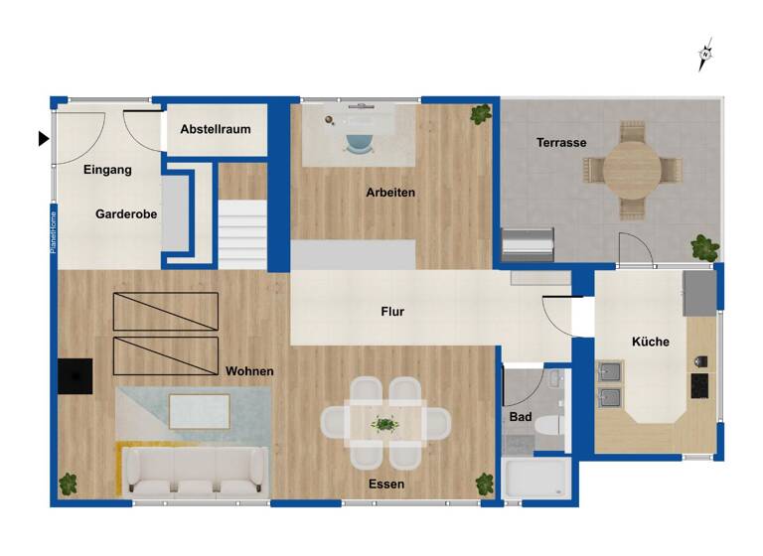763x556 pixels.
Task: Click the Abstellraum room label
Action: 216,129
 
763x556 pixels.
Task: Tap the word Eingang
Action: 107,170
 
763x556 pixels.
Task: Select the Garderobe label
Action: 126,213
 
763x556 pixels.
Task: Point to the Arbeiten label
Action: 390,193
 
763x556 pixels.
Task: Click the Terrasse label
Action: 561,143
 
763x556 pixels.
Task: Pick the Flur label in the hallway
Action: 392,312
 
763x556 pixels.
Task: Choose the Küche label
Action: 651,343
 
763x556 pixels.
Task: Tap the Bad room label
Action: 521,418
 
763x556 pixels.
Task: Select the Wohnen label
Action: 249,371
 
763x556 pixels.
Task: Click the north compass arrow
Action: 706,54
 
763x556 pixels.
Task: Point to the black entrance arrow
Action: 43,139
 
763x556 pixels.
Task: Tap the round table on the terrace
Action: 632,170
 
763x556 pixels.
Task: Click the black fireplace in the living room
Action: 75,376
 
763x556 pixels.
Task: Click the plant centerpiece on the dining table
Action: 384,424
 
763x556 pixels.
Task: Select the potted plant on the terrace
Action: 705,246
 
